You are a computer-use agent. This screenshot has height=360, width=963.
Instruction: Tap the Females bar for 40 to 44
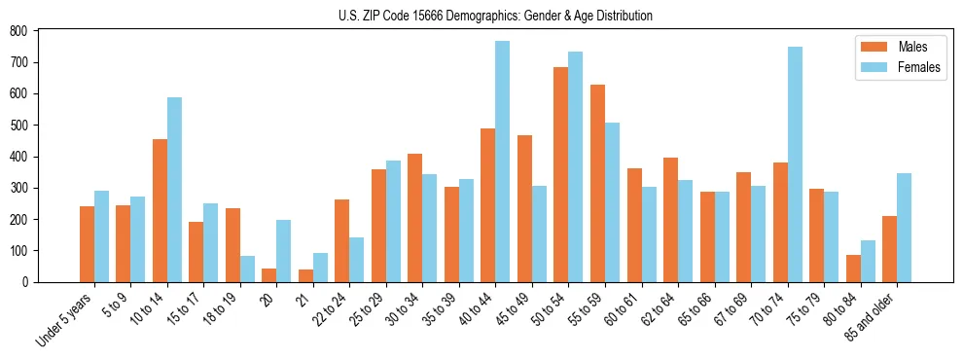click(503, 162)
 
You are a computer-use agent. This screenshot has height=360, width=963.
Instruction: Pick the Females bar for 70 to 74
click(795, 164)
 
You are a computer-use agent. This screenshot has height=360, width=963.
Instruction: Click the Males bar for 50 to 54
click(561, 175)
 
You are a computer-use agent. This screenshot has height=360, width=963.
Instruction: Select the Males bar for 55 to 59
click(597, 184)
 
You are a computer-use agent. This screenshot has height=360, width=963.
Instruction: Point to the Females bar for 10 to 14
click(174, 190)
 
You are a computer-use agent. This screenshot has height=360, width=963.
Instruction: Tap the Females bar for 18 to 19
click(247, 270)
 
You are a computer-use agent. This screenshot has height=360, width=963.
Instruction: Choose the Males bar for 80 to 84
click(853, 269)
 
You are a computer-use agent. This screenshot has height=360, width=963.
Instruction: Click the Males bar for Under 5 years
click(87, 244)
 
